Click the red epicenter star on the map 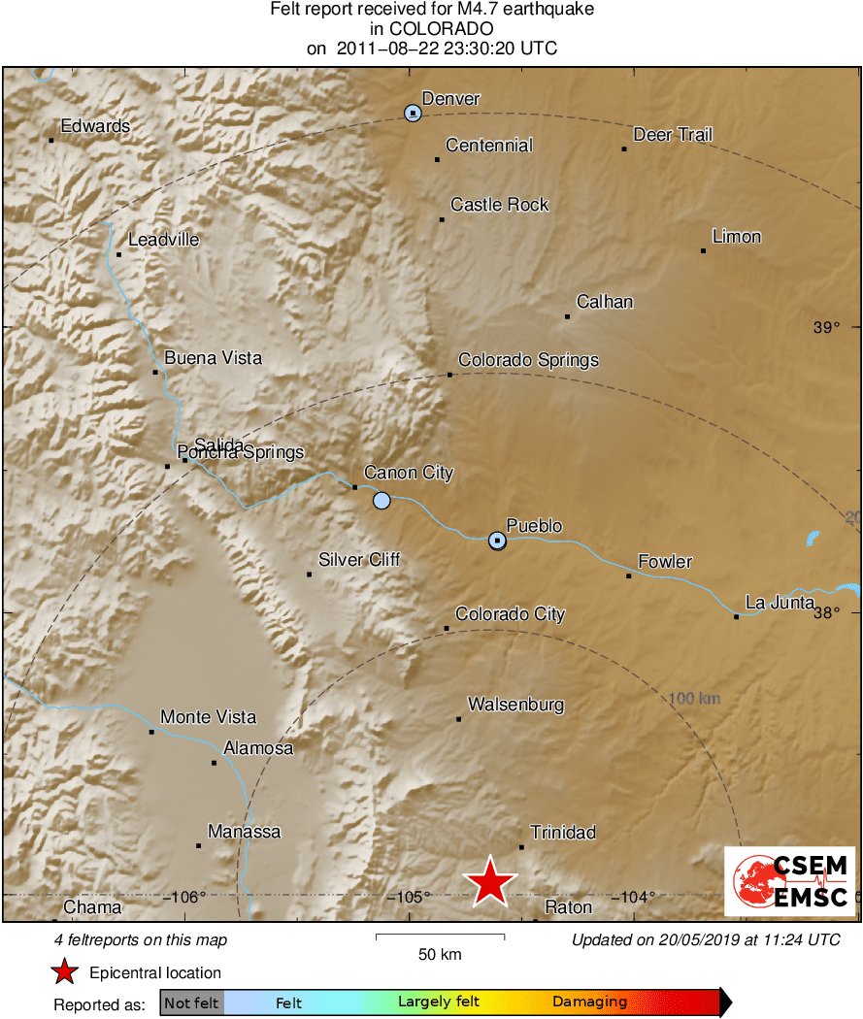pyautogui.click(x=490, y=881)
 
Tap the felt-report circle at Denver pyautogui.click(x=414, y=114)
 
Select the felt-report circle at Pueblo pyautogui.click(x=497, y=540)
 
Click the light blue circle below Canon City pyautogui.click(x=382, y=501)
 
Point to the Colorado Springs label pyautogui.click(x=528, y=360)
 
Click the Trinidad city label pyautogui.click(x=563, y=833)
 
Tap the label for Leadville pyautogui.click(x=163, y=240)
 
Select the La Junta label pyautogui.click(x=780, y=602)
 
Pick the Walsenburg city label pyautogui.click(x=515, y=705)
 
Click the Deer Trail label pyautogui.click(x=673, y=135)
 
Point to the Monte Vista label pyautogui.click(x=208, y=717)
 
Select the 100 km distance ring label pyautogui.click(x=694, y=698)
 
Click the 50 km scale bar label pyautogui.click(x=440, y=954)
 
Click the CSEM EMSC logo pyautogui.click(x=789, y=881)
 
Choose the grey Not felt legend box pyautogui.click(x=191, y=1003)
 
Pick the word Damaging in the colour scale pyautogui.click(x=589, y=1003)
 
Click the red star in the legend pyautogui.click(x=65, y=971)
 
